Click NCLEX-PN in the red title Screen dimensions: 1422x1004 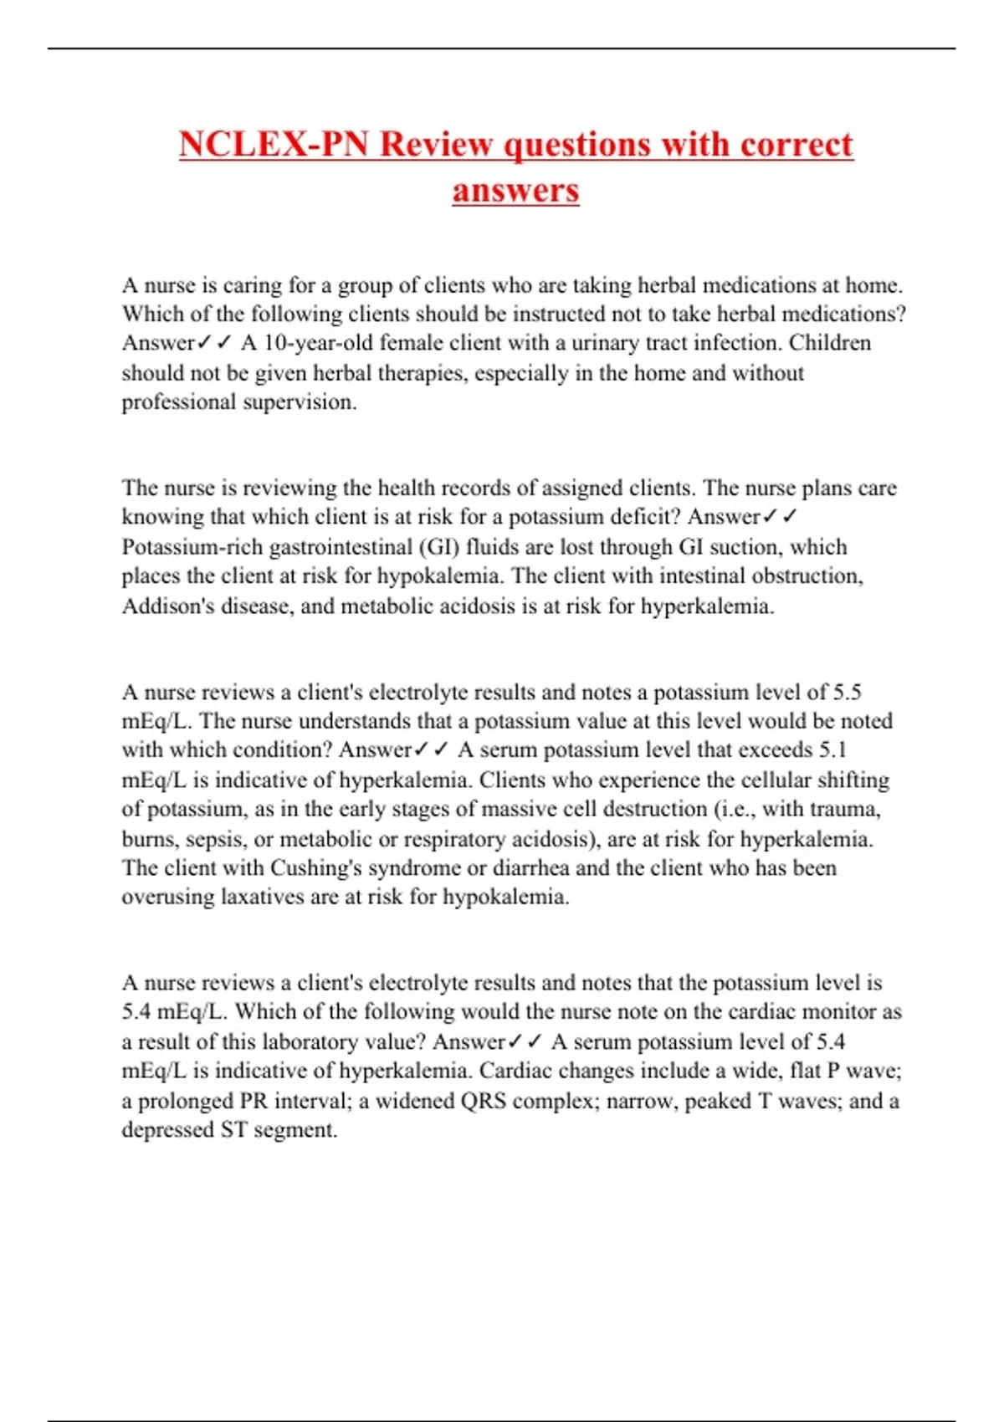pos(273,144)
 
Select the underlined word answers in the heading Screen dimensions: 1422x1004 pos(515,190)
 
